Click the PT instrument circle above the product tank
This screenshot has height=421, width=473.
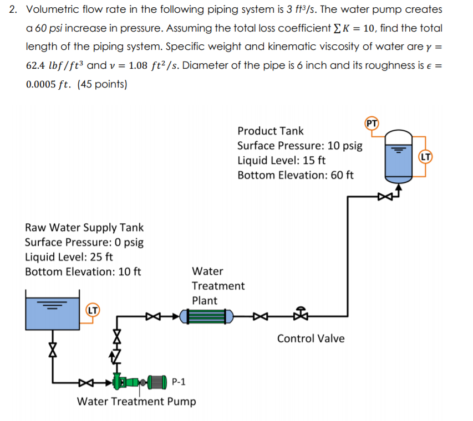[372, 123]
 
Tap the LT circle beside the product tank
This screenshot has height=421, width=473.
[425, 157]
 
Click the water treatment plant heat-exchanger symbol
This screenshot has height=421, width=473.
[207, 317]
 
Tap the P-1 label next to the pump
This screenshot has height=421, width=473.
[179, 382]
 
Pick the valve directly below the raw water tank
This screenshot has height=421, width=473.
[53, 350]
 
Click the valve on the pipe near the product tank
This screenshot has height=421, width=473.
[384, 196]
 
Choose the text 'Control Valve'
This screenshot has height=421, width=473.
[311, 338]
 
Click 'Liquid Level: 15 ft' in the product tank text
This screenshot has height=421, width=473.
[281, 161]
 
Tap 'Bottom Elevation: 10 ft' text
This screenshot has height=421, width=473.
[83, 271]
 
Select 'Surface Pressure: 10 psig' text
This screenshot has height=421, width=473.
[299, 146]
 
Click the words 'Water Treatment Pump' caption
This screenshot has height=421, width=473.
[136, 401]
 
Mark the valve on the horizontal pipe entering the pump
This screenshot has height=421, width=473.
[83, 382]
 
